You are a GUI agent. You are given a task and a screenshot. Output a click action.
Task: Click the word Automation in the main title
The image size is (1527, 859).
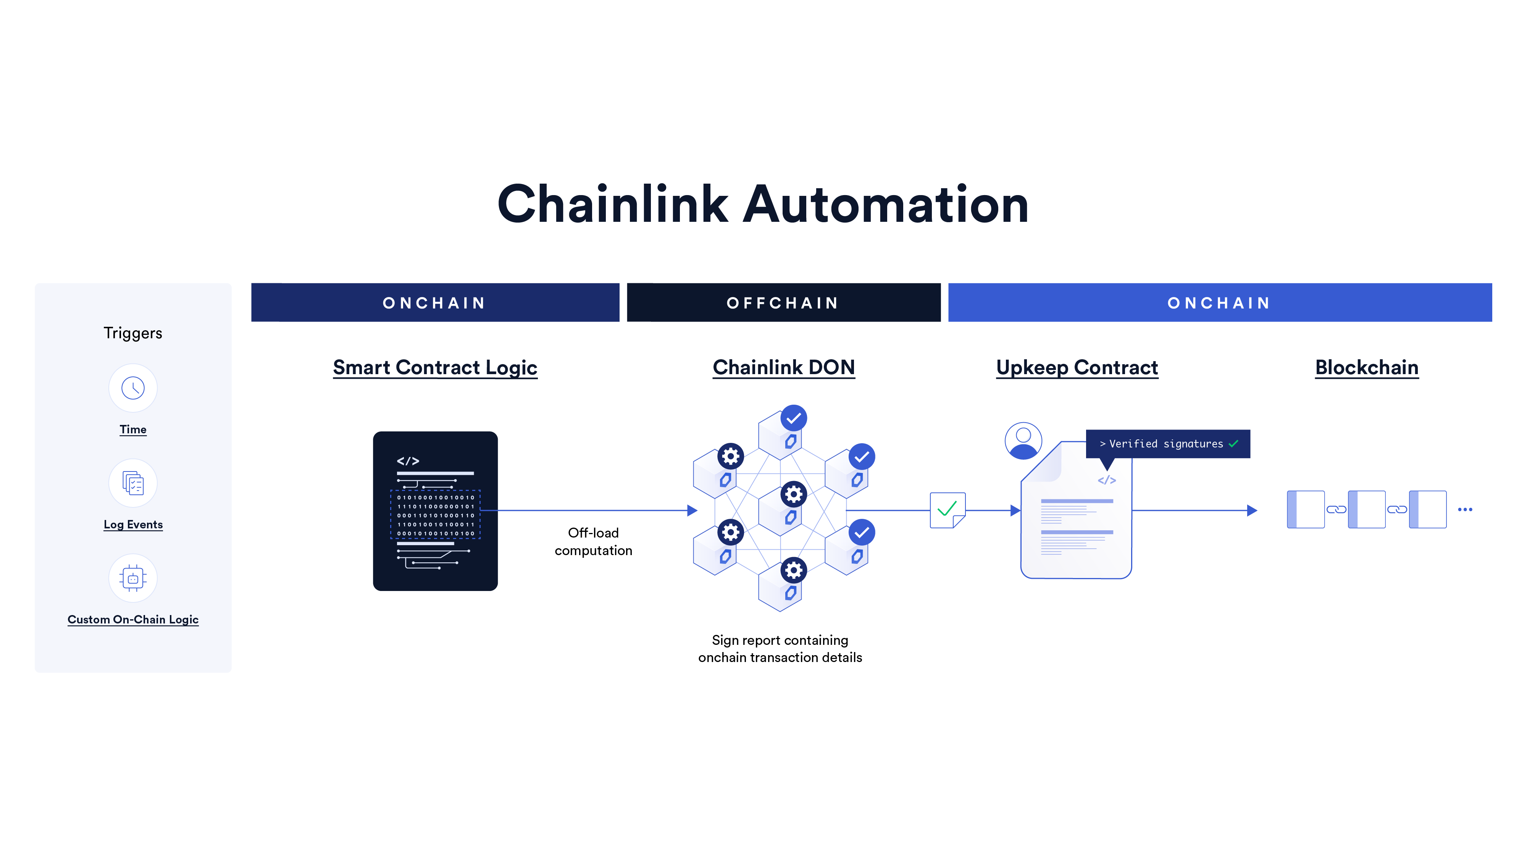(x=886, y=205)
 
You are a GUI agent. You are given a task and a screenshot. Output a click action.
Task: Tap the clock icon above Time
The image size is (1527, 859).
(x=133, y=388)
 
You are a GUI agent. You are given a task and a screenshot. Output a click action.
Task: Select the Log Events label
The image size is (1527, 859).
(x=133, y=525)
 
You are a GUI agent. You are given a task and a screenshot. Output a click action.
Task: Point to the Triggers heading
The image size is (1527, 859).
(x=133, y=333)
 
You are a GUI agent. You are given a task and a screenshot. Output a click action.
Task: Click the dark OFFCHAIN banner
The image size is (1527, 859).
(x=783, y=303)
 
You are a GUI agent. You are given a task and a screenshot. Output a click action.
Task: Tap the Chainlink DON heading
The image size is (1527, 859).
(x=783, y=368)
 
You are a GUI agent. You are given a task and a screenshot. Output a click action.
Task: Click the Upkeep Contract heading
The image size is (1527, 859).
(x=1077, y=368)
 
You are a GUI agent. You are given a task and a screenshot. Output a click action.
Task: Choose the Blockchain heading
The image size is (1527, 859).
(x=1366, y=368)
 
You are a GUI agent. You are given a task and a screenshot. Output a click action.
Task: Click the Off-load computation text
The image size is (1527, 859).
(x=593, y=542)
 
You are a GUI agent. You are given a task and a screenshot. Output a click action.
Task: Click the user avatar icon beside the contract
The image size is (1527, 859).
(x=1023, y=441)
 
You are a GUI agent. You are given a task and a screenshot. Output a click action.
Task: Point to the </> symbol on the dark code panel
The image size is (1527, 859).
(x=408, y=461)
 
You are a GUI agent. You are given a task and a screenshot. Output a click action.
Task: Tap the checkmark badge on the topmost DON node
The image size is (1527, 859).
(x=793, y=418)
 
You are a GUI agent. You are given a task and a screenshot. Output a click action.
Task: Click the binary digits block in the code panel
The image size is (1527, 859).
(x=435, y=515)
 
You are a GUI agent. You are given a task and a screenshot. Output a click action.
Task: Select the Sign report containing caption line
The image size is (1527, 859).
(x=780, y=640)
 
